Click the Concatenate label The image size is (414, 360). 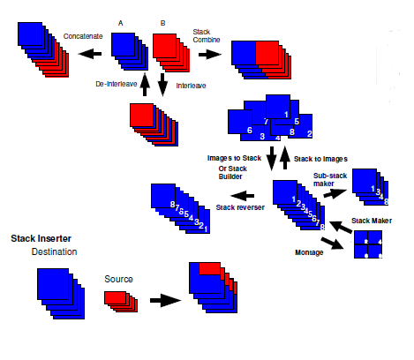pos(83,36)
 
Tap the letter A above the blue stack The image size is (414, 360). pos(121,23)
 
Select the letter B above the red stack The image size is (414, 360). pos(162,23)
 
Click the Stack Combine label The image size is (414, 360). pos(207,35)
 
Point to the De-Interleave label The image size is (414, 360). pos(117,84)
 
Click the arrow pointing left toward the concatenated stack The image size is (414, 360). pos(90,54)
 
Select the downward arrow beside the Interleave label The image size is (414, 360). pos(162,85)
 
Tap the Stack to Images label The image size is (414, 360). pos(320,159)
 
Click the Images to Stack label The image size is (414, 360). pos(234,158)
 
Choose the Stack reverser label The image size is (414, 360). pos(240,207)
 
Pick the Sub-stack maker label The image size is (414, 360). pos(330,179)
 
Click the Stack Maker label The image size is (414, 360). pos(372,221)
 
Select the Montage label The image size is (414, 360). pos(309,252)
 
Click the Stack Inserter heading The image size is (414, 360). pos(41,238)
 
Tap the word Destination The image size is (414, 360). pos(54,251)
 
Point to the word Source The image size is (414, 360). pos(118,279)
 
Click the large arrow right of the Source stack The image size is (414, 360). pos(165,300)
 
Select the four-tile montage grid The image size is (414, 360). pos(368,244)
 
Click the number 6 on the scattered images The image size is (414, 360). pos(250,130)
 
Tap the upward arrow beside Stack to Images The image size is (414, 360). pos(284,157)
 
